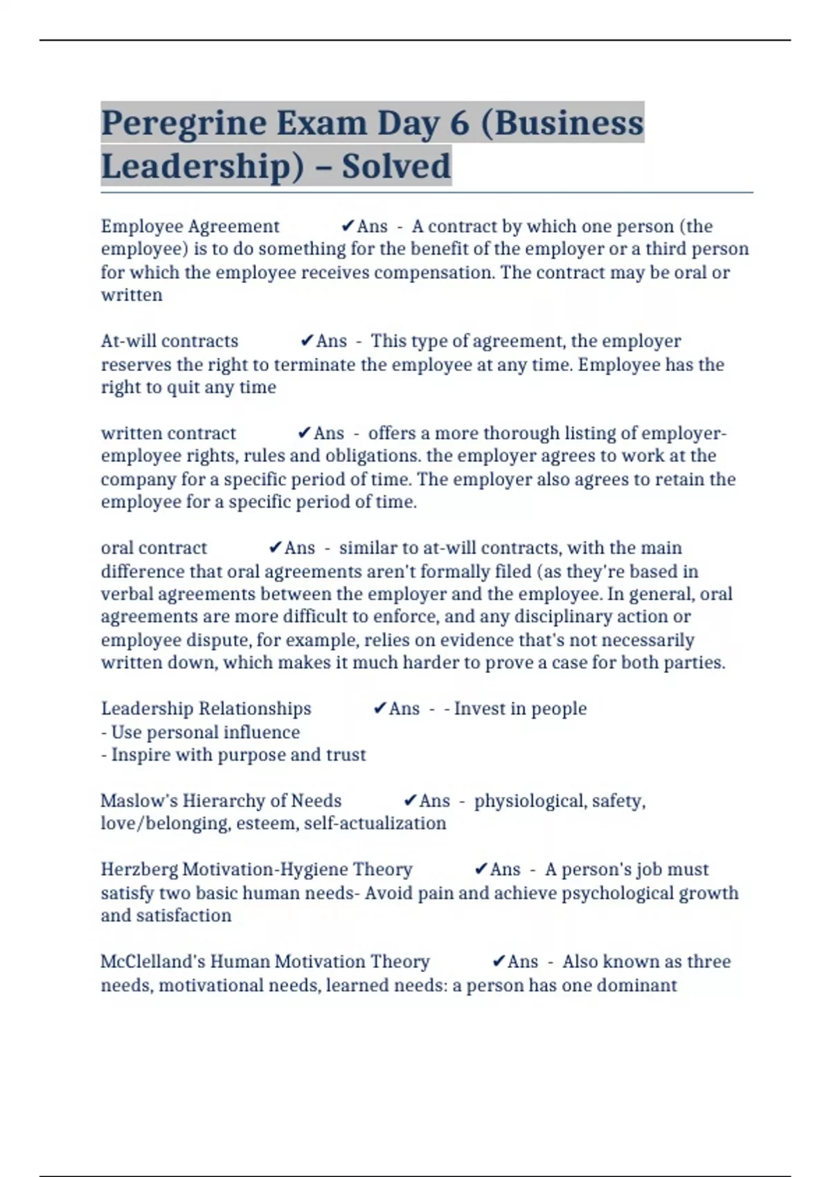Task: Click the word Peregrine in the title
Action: [x=184, y=124]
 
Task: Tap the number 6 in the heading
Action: [x=459, y=124]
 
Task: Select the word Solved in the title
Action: [x=396, y=166]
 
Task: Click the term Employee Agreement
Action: [x=190, y=226]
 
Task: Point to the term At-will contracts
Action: [x=170, y=341]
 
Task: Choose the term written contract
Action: [x=168, y=433]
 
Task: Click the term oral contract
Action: [x=154, y=548]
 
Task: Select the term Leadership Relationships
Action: [x=206, y=709]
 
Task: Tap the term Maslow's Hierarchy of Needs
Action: [x=221, y=801]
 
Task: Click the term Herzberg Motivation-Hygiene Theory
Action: [x=256, y=870]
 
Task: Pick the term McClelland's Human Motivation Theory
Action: [x=265, y=962]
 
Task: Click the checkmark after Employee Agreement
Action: [x=348, y=226]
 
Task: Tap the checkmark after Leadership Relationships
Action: [x=379, y=709]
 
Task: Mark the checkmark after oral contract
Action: [x=275, y=548]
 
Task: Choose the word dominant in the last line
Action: [x=636, y=985]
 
